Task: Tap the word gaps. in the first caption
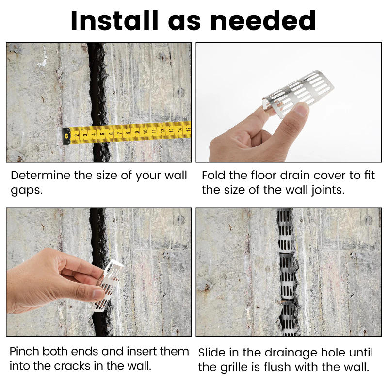click(x=27, y=190)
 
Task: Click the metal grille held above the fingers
click(x=298, y=92)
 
